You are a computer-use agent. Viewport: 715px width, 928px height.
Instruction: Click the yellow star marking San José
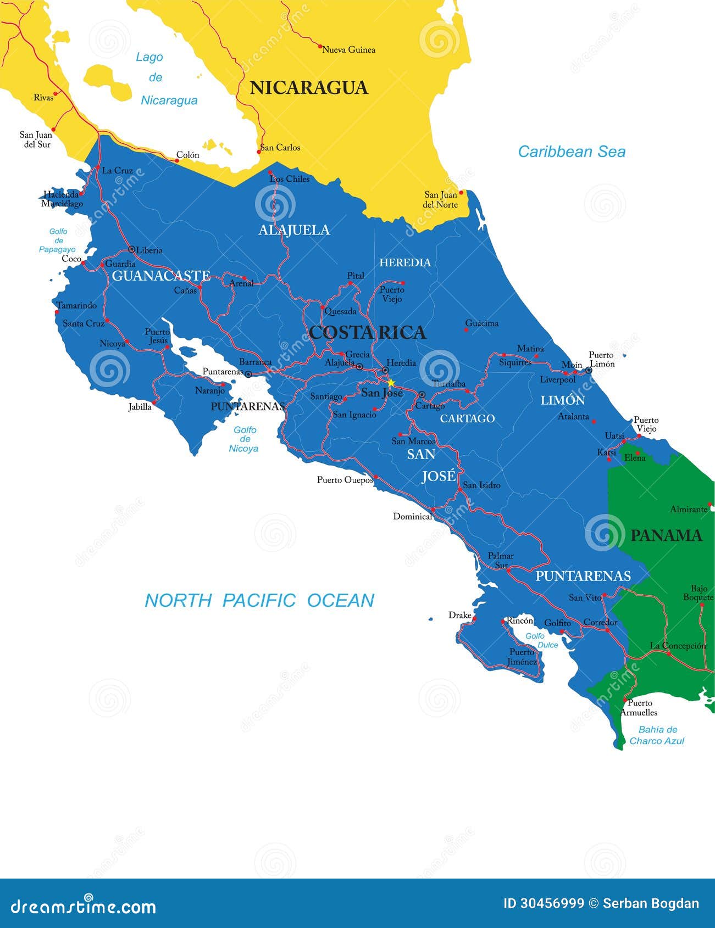[x=391, y=383]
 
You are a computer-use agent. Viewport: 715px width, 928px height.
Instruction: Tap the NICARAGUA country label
[x=309, y=88]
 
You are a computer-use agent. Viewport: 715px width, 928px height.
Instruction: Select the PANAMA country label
[x=666, y=535]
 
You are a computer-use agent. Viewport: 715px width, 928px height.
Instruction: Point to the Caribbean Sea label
[x=572, y=152]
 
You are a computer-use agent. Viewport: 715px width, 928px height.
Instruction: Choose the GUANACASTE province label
[x=161, y=276]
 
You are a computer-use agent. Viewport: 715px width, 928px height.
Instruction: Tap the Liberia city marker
[x=131, y=249]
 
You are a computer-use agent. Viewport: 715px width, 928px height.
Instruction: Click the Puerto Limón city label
[x=602, y=360]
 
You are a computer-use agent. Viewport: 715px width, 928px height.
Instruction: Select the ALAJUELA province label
[x=294, y=230]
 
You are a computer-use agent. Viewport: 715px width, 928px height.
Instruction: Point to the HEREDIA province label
[x=405, y=262]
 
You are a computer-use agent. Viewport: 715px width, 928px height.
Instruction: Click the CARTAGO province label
[x=467, y=418]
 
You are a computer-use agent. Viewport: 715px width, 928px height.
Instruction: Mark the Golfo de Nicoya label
[x=245, y=439]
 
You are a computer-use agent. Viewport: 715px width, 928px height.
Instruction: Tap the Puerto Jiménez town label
[x=523, y=657]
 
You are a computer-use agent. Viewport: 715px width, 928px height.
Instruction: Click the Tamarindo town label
[x=76, y=305]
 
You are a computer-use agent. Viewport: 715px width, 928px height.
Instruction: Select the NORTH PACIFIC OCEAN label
[x=259, y=600]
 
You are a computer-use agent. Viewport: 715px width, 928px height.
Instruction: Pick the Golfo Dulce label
[x=542, y=640]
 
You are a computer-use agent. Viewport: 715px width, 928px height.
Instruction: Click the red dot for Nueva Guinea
[x=320, y=47]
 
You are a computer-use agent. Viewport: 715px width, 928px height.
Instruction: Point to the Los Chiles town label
[x=290, y=179]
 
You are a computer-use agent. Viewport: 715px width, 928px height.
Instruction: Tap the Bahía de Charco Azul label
[x=657, y=735]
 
